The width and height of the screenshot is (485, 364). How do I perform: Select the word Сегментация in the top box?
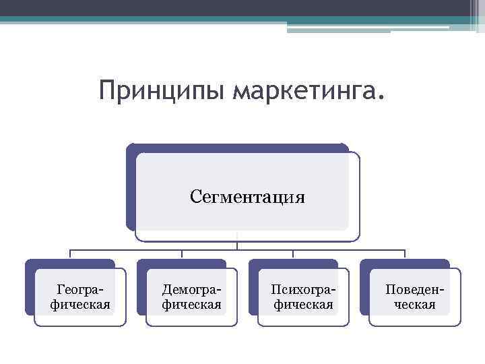pos(247,197)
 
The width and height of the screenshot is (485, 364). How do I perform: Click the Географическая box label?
pos(81,297)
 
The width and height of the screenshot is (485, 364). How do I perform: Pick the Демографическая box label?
pos(192,297)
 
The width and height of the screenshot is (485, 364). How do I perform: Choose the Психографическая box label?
pos(303,297)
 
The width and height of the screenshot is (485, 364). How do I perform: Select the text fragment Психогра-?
pos(303,290)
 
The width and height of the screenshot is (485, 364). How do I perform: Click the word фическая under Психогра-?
pos(303,305)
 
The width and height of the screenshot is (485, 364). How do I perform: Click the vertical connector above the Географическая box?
pos(70,254)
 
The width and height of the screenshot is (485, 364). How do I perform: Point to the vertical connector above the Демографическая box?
pos(182,254)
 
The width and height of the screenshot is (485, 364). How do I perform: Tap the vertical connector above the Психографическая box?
pos(293,254)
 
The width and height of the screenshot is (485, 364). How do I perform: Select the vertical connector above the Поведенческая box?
pos(404,254)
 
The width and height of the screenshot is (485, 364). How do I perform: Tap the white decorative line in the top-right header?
pos(368,28)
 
